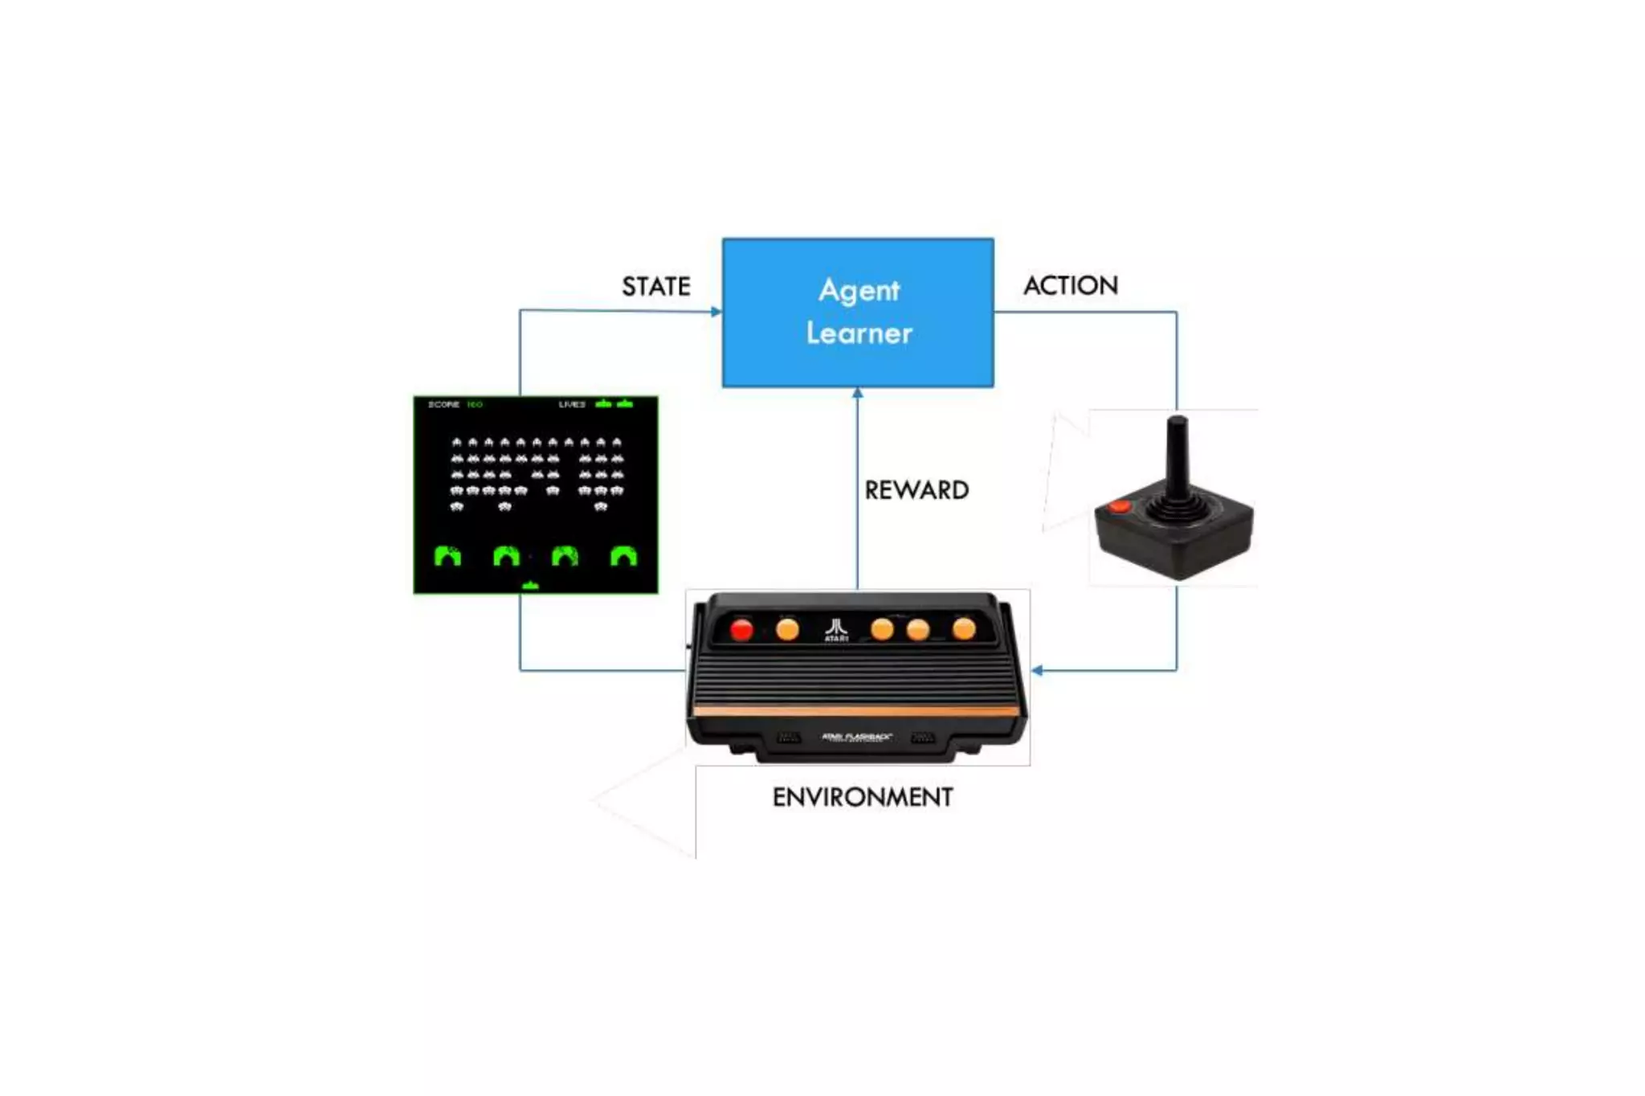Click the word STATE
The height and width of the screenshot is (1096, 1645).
click(655, 287)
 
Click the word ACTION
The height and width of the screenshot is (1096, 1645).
click(1070, 286)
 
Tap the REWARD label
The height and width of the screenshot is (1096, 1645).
click(916, 490)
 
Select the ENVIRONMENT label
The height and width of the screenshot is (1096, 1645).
click(863, 797)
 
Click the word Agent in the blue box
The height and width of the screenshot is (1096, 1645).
click(859, 290)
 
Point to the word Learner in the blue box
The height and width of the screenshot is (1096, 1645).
click(859, 333)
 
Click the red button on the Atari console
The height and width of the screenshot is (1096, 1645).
click(741, 630)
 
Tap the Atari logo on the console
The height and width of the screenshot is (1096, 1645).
click(836, 628)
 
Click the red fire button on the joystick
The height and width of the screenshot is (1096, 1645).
click(1119, 506)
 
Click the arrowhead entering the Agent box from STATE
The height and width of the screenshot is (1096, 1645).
click(716, 312)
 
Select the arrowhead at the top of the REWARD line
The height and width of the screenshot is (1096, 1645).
click(858, 393)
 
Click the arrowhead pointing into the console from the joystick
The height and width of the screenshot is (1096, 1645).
click(1037, 670)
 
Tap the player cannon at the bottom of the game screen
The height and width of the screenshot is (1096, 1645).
click(530, 586)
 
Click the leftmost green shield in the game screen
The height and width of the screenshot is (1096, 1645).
click(447, 555)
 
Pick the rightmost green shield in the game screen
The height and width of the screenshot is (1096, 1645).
click(623, 555)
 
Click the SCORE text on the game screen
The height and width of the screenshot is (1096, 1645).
click(443, 404)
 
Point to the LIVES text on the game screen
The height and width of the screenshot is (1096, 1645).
click(572, 404)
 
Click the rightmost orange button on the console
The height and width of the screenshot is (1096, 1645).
click(964, 629)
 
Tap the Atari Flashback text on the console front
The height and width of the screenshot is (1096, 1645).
click(856, 737)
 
